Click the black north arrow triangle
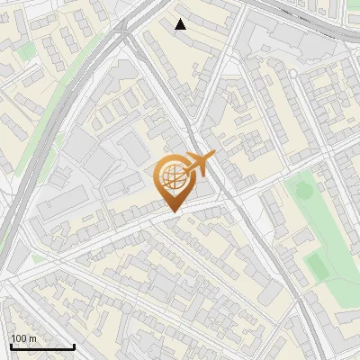[x=181, y=24]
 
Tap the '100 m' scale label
[x=24, y=338]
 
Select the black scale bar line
[x=42, y=346]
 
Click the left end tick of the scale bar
[x=11, y=346]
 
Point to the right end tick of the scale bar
[x=74, y=346]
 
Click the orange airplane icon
[x=198, y=165]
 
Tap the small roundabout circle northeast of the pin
[x=292, y=73]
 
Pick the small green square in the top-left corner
[x=27, y=52]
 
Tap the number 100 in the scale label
[x=19, y=338]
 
